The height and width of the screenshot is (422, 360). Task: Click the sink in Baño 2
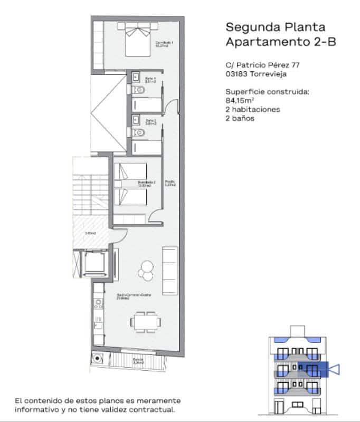[135, 119]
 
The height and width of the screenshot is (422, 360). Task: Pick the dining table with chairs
[144, 321]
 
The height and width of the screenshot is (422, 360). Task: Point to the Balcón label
[138, 361]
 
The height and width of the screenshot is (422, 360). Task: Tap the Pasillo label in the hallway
[170, 183]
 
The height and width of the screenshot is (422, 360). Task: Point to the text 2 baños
[240, 119]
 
